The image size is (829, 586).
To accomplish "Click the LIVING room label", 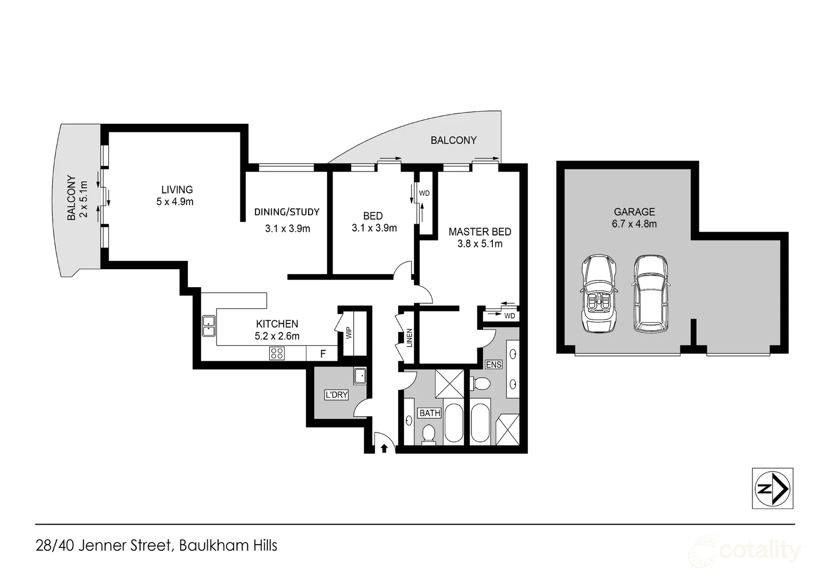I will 177,189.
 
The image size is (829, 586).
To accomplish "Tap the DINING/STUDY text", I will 287,212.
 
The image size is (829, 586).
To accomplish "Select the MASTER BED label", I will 480,232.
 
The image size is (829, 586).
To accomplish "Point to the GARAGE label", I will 634,212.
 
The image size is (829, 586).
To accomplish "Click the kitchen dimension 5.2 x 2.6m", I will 277,336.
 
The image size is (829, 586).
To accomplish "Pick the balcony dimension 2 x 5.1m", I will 84,199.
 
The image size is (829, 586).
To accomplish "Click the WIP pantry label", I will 349,333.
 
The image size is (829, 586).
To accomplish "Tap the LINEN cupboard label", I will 410,338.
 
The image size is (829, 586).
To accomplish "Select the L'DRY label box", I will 336,394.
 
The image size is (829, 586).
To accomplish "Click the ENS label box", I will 493,365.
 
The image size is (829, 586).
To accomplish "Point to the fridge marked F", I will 323,354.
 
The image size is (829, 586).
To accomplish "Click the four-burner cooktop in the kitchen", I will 277,354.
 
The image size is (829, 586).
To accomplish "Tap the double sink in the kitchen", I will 209,326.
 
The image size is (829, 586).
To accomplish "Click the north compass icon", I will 772,488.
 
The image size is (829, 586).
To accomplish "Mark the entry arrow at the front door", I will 384,448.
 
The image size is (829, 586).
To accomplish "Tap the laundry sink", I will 360,375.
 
